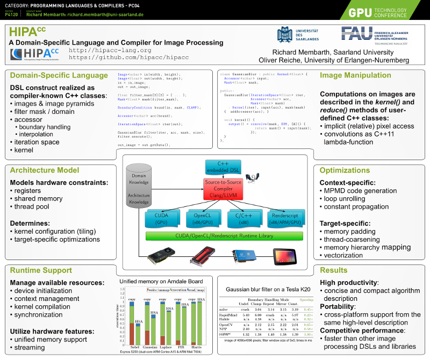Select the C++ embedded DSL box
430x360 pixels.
pos(220,167)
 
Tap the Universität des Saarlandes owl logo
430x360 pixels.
pos(285,34)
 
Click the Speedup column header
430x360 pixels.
pos(306,299)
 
